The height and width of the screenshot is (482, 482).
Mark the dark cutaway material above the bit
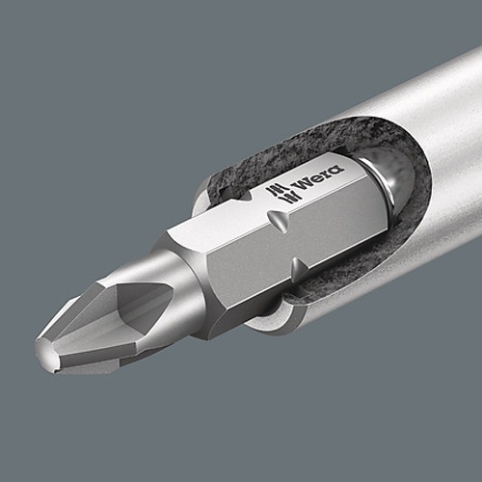[289, 145]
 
